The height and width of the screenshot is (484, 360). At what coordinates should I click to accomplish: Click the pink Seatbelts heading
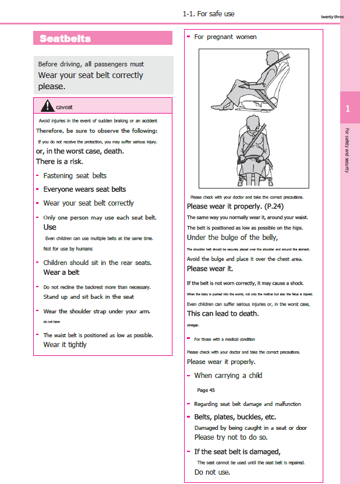pyautogui.click(x=65, y=38)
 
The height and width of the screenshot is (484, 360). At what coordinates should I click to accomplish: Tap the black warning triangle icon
pyautogui.click(x=48, y=105)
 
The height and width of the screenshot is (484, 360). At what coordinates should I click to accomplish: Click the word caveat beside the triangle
pyautogui.click(x=64, y=107)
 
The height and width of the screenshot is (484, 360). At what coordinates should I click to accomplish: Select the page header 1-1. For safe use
pyautogui.click(x=208, y=13)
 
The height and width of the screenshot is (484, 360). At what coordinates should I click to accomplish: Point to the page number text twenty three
pyautogui.click(x=332, y=16)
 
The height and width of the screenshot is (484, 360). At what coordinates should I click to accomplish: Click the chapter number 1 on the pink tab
pyautogui.click(x=348, y=109)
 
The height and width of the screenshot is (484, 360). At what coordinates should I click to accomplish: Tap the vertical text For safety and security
pyautogui.click(x=347, y=150)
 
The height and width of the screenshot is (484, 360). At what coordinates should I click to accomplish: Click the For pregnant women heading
pyautogui.click(x=225, y=37)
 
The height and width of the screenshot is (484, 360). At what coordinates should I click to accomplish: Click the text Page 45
pyautogui.click(x=206, y=390)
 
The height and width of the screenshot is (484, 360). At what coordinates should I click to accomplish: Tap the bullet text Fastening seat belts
pyautogui.click(x=75, y=175)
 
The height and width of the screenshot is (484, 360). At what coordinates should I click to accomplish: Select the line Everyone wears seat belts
pyautogui.click(x=84, y=189)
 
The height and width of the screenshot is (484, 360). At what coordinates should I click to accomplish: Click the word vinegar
pyautogui.click(x=193, y=325)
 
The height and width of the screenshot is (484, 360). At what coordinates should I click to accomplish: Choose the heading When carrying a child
pyautogui.click(x=228, y=376)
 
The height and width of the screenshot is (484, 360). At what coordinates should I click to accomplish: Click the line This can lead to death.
pyautogui.click(x=222, y=313)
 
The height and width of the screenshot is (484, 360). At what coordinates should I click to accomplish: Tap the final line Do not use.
pyautogui.click(x=212, y=472)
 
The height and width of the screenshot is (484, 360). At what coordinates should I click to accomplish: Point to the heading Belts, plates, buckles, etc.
pyautogui.click(x=235, y=417)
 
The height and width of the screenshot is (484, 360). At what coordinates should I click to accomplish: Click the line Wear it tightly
pyautogui.click(x=65, y=344)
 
